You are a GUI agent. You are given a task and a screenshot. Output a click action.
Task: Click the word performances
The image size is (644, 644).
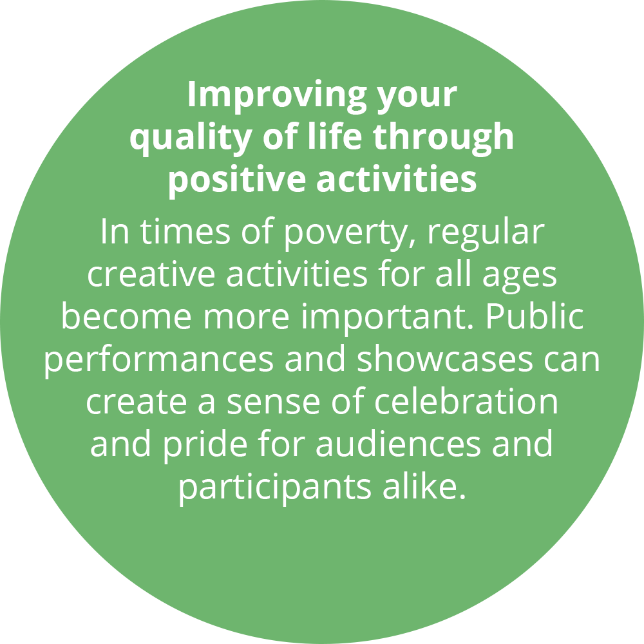159,360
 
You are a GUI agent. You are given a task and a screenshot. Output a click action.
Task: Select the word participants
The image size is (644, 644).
275,488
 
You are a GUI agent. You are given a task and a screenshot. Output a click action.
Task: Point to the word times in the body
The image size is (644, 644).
185,232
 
